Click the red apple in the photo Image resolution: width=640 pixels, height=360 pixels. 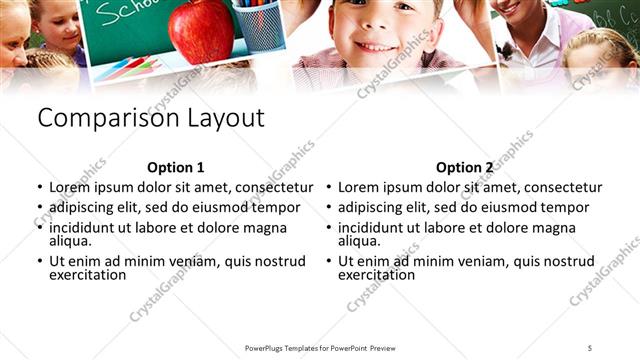click(201, 30)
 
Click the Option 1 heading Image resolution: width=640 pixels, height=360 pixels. click(175, 168)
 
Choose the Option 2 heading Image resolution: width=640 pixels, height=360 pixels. click(464, 168)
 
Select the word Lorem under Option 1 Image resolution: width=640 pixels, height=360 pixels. click(70, 187)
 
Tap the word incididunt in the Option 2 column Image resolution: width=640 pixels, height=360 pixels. click(375, 228)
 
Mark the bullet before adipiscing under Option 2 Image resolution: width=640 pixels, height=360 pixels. click(329, 208)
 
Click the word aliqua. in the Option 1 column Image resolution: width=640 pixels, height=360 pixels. click(70, 240)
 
